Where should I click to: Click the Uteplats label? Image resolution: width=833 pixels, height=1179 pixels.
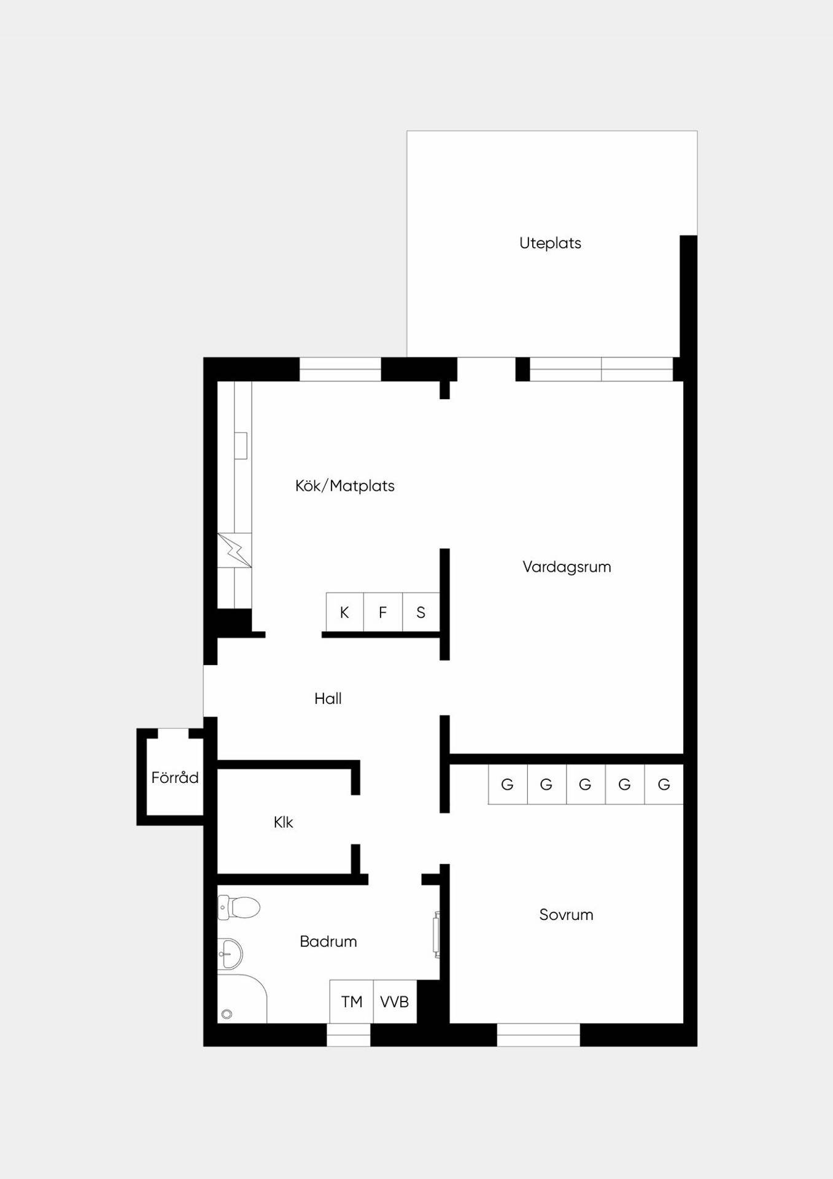550,243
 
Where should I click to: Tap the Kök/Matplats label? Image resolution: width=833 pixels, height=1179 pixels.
344,486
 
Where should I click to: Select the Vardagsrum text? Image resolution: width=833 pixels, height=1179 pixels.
567,567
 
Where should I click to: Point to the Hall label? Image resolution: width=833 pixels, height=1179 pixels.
328,698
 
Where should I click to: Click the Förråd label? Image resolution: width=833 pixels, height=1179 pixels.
175,777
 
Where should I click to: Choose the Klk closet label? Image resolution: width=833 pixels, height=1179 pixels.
283,822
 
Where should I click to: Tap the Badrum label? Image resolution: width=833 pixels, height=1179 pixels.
328,941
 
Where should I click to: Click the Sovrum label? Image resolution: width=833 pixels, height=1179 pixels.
566,915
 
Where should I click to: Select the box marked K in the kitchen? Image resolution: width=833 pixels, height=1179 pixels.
344,612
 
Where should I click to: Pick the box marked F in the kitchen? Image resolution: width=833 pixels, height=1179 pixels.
383,612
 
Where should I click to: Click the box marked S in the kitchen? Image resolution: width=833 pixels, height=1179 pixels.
421,612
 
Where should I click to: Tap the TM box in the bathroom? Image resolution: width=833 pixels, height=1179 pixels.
352,1002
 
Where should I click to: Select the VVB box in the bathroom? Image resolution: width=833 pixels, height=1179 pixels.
395,1002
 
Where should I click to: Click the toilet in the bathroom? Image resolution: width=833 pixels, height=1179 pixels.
239,907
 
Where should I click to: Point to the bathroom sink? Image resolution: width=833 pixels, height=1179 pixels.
230,954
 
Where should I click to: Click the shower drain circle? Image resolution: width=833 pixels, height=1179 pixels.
227,1014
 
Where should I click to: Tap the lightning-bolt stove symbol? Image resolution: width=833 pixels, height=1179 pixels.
234,550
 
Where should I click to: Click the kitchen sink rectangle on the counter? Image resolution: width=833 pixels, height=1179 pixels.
241,446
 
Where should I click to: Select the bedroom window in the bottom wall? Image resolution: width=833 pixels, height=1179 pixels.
538,1035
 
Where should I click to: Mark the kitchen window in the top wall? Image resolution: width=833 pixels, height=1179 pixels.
340,369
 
